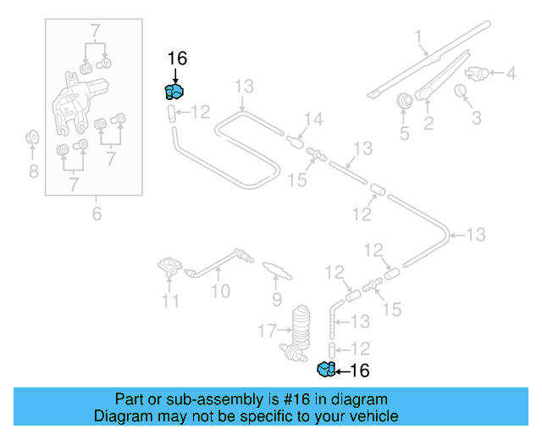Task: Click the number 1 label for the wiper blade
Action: click(418, 36)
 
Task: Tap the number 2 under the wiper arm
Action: click(429, 125)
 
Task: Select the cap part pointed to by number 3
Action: click(462, 92)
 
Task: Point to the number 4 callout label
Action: click(511, 74)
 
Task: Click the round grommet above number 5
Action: click(405, 101)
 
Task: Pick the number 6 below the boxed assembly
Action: click(96, 214)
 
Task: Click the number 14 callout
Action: click(313, 120)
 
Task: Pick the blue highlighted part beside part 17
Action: click(324, 369)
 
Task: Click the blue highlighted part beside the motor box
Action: click(174, 92)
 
